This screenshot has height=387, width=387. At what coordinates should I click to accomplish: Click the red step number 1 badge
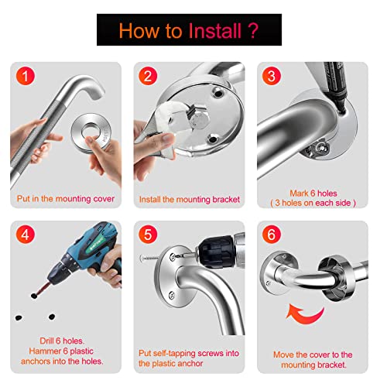(x=25, y=76)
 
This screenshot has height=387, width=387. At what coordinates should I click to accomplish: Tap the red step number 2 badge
(x=148, y=76)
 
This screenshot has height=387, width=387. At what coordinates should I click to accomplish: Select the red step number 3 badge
(x=272, y=76)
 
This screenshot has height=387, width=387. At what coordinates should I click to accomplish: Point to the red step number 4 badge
(x=25, y=235)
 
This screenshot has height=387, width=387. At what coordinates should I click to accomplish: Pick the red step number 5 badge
(x=148, y=235)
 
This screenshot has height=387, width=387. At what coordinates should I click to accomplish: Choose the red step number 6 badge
(x=272, y=235)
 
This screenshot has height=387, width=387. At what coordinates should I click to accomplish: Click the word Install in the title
(x=215, y=31)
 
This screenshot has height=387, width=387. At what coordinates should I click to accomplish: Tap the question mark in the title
(x=253, y=31)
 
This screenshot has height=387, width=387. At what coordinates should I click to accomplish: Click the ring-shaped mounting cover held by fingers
(x=91, y=122)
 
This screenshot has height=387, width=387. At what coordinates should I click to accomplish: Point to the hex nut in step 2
(x=200, y=119)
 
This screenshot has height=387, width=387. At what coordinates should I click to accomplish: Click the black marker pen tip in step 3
(x=341, y=108)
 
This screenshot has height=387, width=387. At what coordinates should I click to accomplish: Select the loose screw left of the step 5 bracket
(x=149, y=258)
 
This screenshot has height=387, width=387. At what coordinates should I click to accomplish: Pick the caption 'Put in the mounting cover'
(x=66, y=199)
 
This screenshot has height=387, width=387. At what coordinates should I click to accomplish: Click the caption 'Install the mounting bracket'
(x=190, y=200)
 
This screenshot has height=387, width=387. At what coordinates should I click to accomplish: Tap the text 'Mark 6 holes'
(x=313, y=193)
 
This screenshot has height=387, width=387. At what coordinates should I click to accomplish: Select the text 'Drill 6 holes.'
(x=62, y=341)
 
